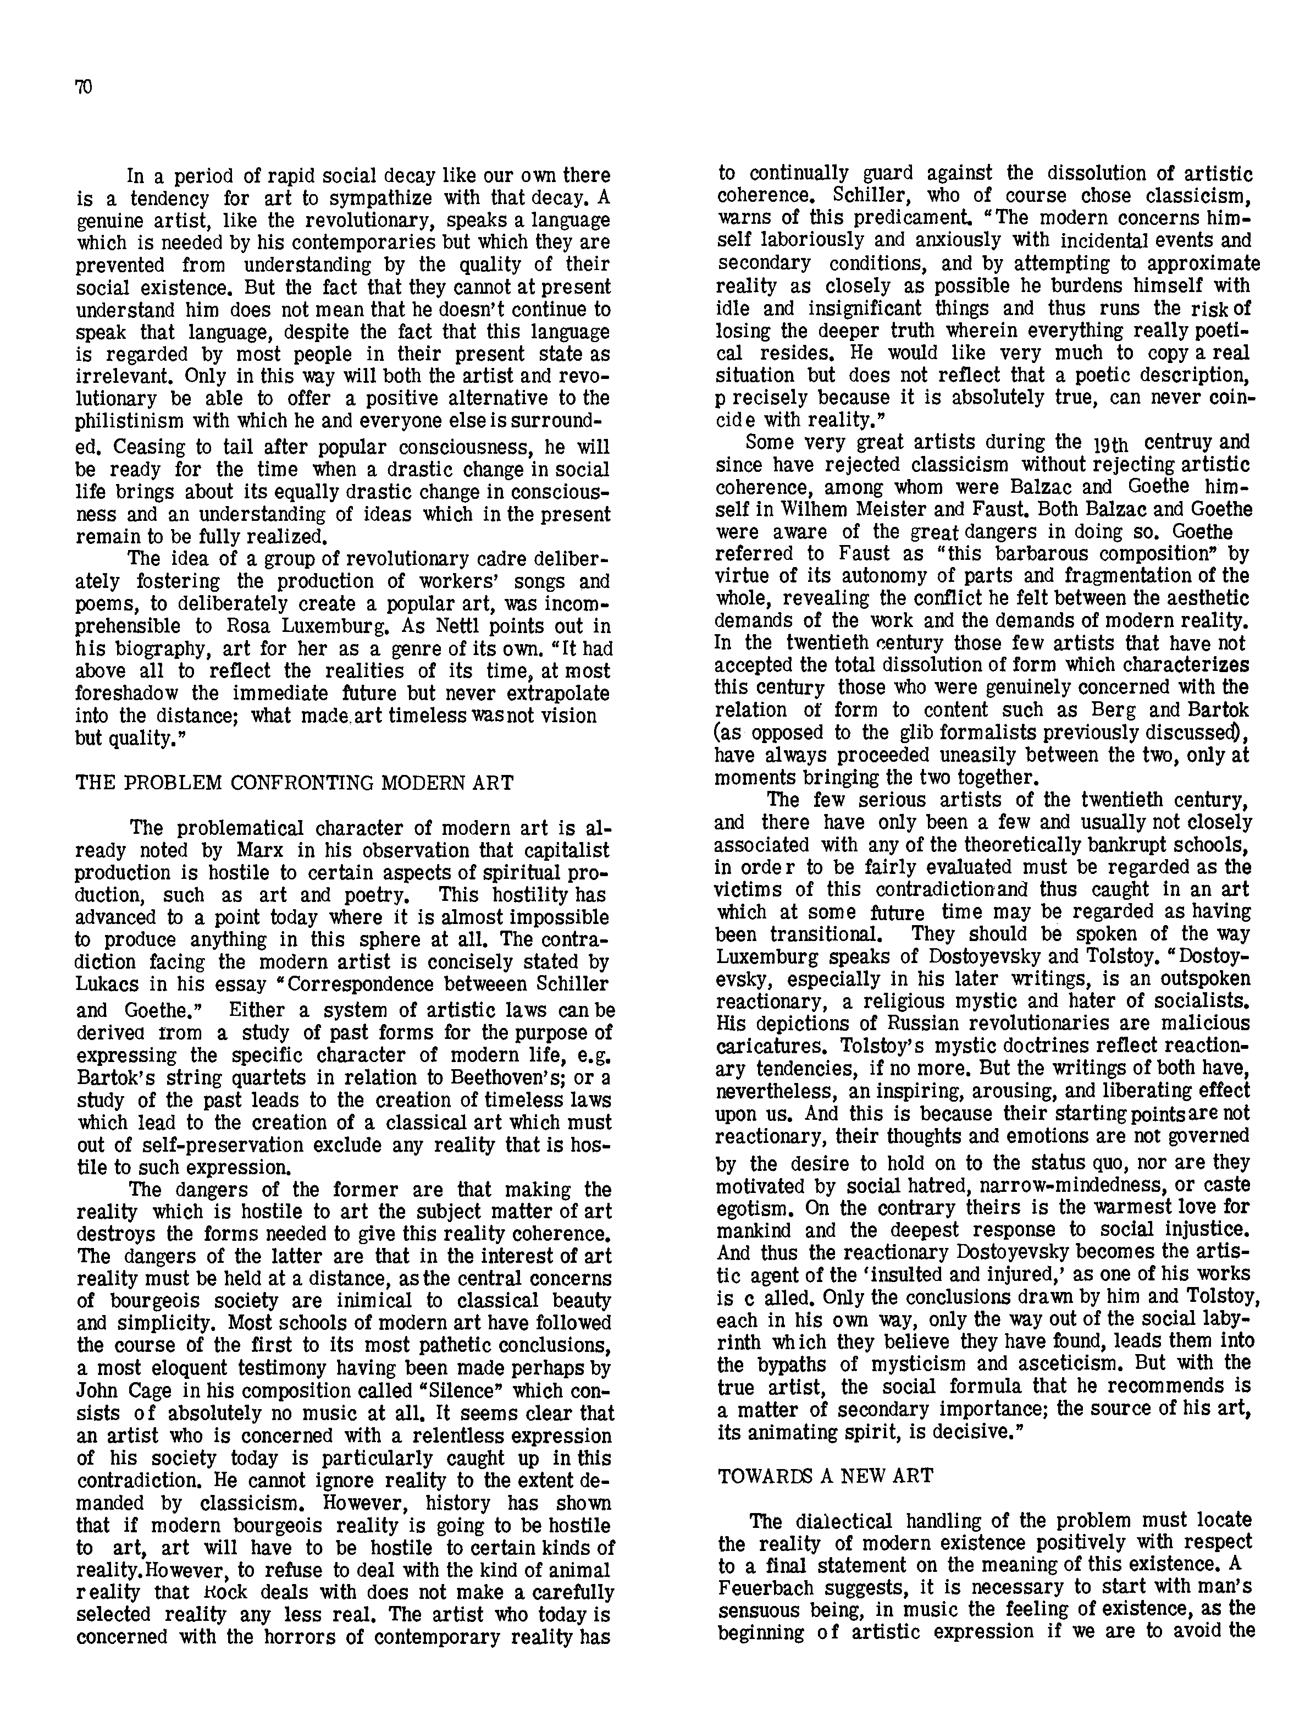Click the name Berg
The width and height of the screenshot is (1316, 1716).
pyautogui.click(x=1118, y=710)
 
